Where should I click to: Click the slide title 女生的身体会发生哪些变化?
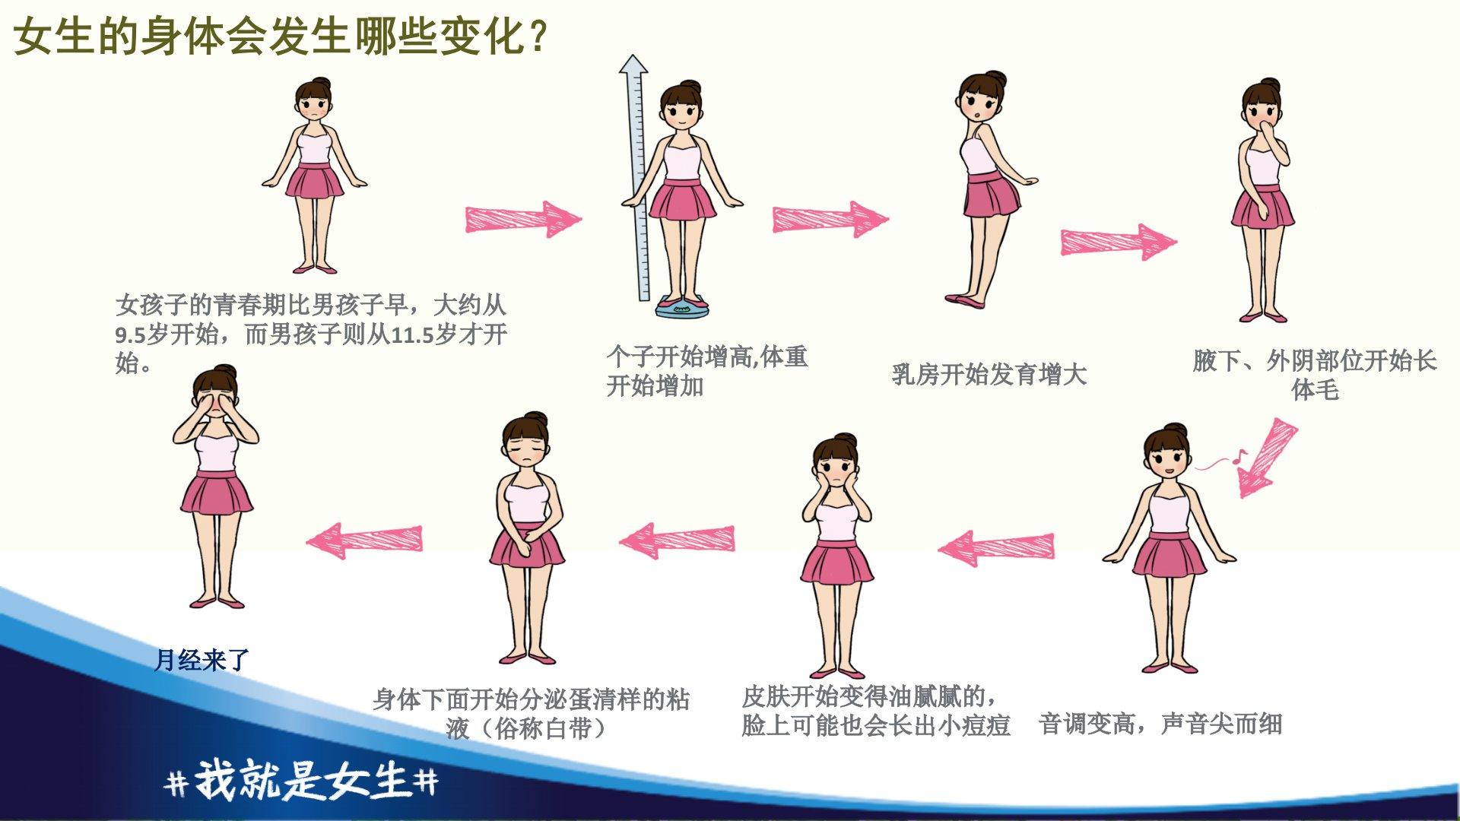(x=281, y=36)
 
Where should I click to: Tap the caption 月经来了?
(x=202, y=660)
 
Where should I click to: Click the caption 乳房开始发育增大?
(x=989, y=374)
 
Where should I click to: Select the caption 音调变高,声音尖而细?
(x=1160, y=724)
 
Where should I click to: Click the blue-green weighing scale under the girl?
(x=682, y=306)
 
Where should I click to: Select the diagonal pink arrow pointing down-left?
(x=1265, y=458)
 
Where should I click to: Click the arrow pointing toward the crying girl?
(x=364, y=540)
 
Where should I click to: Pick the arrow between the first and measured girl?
(x=523, y=220)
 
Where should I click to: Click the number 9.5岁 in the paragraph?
(x=141, y=334)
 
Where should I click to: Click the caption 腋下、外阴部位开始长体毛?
(x=1315, y=375)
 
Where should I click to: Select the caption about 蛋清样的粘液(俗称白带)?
(x=531, y=714)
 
